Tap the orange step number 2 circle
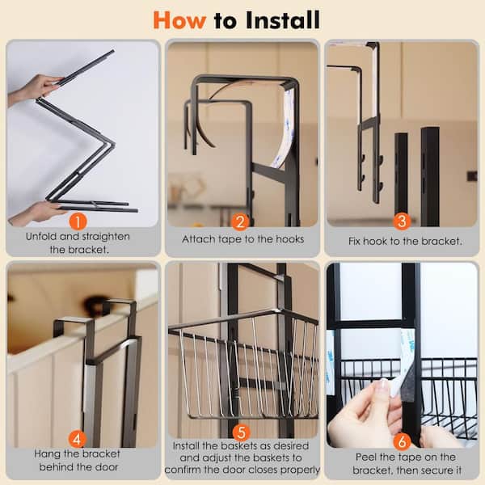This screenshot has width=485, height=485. [x=240, y=221]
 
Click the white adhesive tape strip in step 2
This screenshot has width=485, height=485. [x=285, y=129]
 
